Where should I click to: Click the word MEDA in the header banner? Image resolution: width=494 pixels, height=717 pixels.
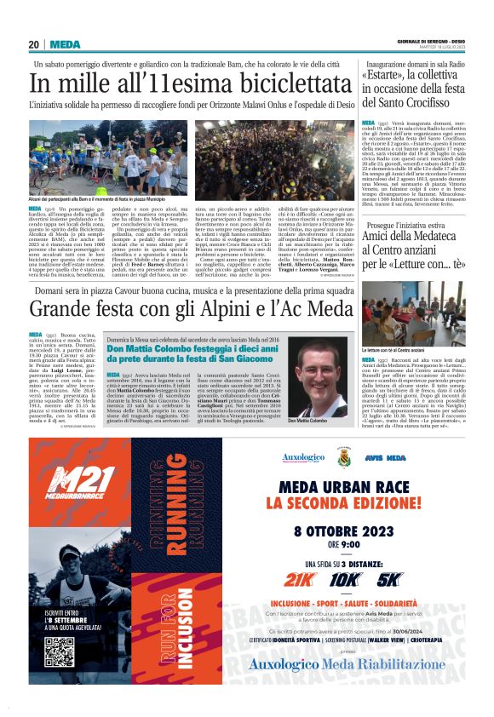pyautogui.click(x=65, y=44)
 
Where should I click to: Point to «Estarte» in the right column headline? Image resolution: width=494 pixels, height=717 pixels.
pyautogui.click(x=391, y=81)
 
